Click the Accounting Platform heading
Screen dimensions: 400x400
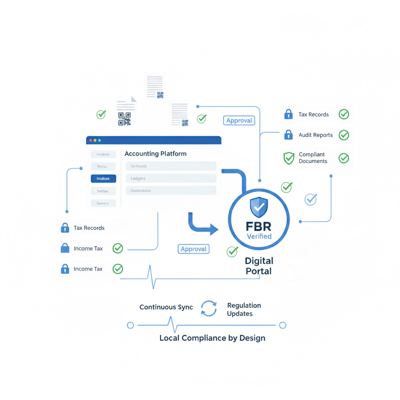tap(155, 154)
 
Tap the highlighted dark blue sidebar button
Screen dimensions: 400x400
tap(103, 179)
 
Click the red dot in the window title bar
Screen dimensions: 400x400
tap(91, 140)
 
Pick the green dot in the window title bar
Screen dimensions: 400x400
tap(100, 140)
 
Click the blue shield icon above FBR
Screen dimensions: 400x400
tap(259, 207)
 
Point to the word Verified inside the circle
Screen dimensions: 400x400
tap(259, 236)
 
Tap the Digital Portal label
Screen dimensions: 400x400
tap(259, 266)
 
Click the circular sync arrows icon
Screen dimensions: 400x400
tap(208, 309)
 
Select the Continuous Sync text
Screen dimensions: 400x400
tap(166, 307)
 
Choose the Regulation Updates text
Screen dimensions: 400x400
tap(244, 310)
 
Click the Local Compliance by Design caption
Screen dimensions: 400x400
tap(212, 338)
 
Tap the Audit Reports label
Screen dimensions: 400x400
tap(316, 135)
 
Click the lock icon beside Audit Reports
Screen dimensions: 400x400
tap(288, 135)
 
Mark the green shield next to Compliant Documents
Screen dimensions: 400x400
tap(288, 158)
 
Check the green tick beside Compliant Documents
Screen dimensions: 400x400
tap(344, 158)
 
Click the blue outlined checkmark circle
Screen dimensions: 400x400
tap(310, 199)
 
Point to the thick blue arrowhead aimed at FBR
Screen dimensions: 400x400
tap(214, 230)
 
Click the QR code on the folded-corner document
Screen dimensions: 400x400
tap(124, 119)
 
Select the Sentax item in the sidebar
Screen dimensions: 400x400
tap(103, 191)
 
